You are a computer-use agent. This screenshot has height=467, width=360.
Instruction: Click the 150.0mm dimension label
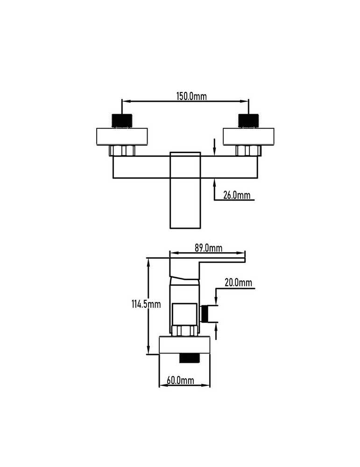[191, 96]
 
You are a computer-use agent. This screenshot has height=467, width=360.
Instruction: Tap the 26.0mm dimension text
[237, 195]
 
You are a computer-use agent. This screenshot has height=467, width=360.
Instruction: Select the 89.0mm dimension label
[208, 248]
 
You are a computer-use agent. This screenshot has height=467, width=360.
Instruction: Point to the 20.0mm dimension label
[238, 283]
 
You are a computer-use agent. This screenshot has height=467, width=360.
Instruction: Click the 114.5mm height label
[146, 304]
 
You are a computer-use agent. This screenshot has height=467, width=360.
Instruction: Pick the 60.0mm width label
[180, 380]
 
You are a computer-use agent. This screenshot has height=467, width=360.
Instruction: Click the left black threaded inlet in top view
[122, 121]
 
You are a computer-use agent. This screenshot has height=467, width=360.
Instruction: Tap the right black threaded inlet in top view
[248, 121]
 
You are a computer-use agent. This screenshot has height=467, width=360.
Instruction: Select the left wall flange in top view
[122, 137]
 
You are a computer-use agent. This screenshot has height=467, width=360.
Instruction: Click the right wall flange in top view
[248, 137]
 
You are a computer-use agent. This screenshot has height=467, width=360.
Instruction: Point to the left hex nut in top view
[122, 150]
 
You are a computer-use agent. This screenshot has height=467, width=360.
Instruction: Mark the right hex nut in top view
[248, 150]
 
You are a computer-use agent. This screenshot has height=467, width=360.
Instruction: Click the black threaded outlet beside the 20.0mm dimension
[204, 314]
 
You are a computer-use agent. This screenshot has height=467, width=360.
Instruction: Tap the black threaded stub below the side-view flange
[189, 358]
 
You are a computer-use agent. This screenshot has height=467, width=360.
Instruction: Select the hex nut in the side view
[184, 331]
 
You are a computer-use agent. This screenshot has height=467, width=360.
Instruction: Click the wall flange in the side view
[184, 345]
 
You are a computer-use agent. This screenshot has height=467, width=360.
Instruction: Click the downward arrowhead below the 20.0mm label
[216, 300]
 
